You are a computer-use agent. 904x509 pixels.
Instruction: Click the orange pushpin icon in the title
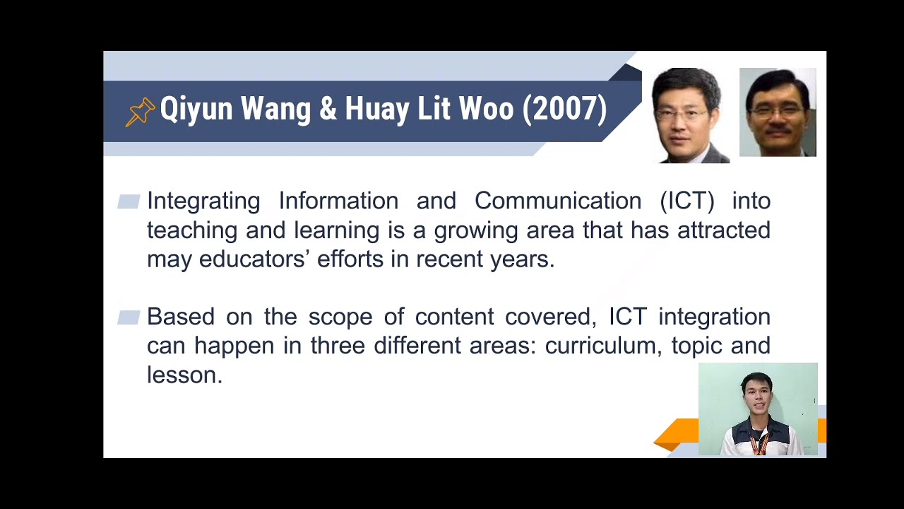pos(140,112)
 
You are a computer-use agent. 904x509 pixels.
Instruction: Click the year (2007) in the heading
pos(564,110)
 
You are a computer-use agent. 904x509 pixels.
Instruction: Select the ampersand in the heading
pos(328,110)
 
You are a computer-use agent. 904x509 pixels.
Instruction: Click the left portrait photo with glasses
pos(689,115)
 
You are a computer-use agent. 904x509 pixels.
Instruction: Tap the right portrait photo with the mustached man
pos(777,112)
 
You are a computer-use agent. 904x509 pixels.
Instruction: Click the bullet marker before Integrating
pos(129,202)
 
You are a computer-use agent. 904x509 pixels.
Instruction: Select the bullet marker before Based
pos(129,317)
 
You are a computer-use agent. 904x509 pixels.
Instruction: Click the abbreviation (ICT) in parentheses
pos(687,201)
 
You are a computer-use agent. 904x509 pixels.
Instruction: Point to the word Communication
pos(557,201)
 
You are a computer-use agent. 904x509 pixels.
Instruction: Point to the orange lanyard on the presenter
pos(759,443)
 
